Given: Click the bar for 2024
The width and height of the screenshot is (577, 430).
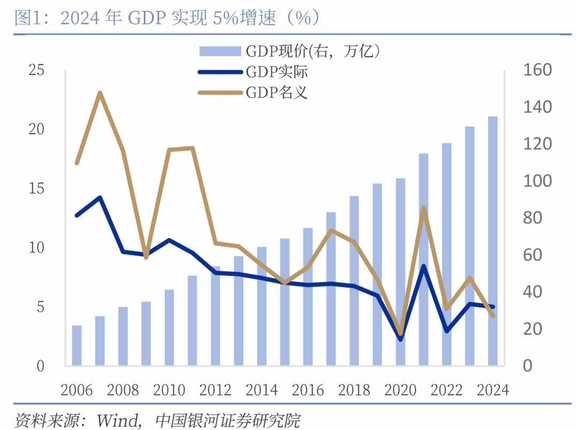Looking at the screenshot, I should (x=493, y=241).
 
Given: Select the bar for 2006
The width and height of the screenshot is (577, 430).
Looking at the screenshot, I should (x=77, y=345).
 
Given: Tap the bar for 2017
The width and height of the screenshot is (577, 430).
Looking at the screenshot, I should (x=331, y=289).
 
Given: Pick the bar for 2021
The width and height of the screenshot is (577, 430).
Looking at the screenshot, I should (x=424, y=259).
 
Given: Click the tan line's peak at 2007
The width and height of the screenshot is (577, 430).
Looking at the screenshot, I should (x=100, y=93).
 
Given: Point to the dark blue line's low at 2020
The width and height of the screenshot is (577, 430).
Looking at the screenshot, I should (x=400, y=339).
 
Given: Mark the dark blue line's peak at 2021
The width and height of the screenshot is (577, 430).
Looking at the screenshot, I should (x=424, y=266).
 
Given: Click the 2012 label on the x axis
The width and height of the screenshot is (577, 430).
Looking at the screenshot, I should (x=216, y=390).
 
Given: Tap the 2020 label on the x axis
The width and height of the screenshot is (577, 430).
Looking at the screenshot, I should (x=400, y=390).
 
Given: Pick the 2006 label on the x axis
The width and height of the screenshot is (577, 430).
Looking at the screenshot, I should (x=77, y=390).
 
